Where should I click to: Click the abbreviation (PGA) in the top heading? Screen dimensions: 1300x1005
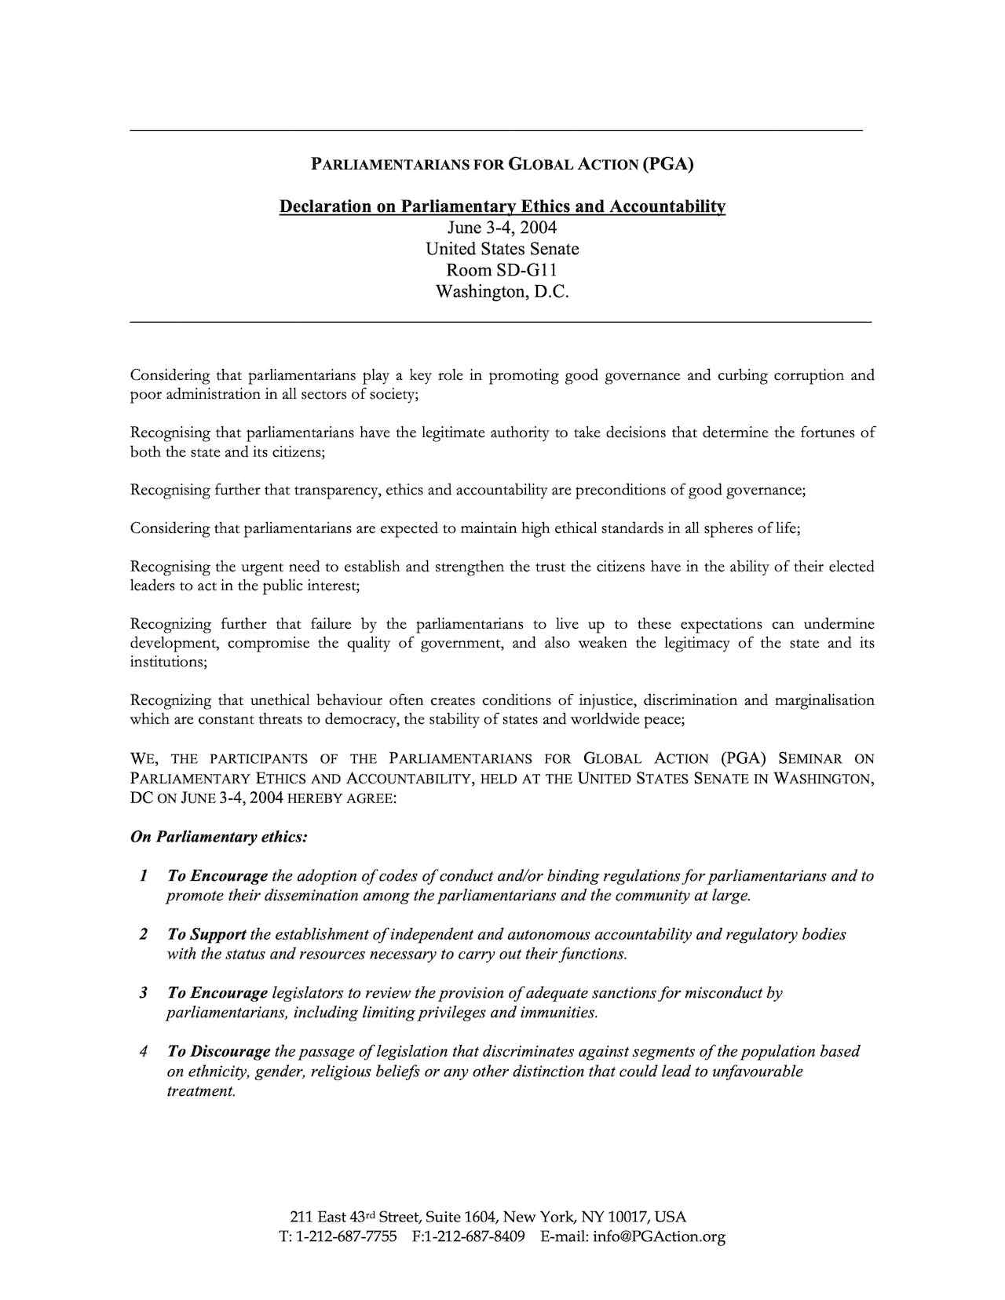point(667,164)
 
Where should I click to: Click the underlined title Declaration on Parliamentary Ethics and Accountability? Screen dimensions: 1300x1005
point(502,206)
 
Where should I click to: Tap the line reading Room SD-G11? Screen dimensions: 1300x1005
point(502,271)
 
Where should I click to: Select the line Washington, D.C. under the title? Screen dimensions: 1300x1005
point(502,292)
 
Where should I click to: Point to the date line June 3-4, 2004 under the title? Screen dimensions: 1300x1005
point(502,228)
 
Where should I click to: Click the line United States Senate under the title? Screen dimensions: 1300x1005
point(502,250)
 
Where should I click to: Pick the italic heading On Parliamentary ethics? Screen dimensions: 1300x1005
point(218,837)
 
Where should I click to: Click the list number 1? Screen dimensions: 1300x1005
point(144,876)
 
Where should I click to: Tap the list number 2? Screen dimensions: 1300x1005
point(144,935)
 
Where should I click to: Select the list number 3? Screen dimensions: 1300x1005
point(144,993)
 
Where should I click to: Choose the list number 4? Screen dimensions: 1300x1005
point(144,1052)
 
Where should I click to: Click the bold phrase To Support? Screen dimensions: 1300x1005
point(206,935)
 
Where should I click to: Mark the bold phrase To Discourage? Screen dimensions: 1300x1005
point(218,1052)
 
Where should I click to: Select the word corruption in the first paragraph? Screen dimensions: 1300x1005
point(809,376)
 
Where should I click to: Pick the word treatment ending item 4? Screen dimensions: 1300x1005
point(201,1091)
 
